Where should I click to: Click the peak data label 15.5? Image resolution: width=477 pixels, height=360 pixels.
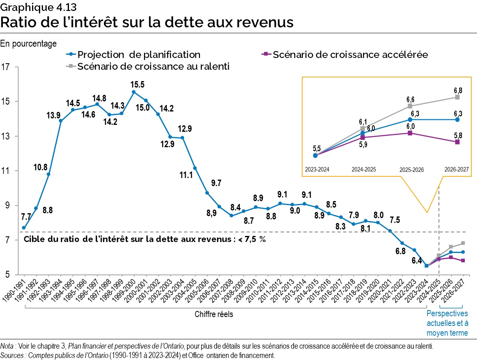(138, 85)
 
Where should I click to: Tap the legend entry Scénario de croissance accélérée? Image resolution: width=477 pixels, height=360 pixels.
(350, 54)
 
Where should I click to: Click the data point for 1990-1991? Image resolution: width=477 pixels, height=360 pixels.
(24, 228)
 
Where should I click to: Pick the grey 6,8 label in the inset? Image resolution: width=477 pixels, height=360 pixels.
(457, 90)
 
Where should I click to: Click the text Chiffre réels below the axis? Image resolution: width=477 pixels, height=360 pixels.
(214, 314)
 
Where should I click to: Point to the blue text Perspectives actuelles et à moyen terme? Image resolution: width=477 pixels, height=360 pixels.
(447, 323)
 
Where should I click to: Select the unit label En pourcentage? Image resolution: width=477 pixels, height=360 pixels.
(29, 43)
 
